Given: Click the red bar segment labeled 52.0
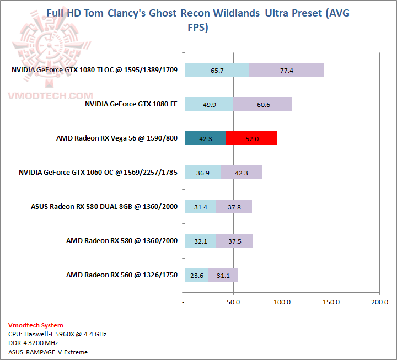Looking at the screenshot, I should click(x=251, y=138).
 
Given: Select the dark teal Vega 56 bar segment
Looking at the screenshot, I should click(x=205, y=138).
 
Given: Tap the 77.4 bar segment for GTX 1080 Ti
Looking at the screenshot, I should click(x=286, y=70).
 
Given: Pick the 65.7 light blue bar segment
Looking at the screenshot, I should click(x=217, y=70).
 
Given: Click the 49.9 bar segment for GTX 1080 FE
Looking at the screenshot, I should click(x=209, y=104).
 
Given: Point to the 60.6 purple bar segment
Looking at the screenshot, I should click(x=262, y=104).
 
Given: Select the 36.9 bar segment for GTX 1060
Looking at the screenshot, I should click(x=202, y=173).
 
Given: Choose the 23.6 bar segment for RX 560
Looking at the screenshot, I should click(x=196, y=275).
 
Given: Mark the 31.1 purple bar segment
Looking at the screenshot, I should click(x=223, y=275).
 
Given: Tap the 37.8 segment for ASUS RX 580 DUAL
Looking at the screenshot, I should click(x=234, y=207).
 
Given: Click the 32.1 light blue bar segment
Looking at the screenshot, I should click(x=200, y=241).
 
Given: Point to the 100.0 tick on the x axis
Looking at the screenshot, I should click(x=282, y=302).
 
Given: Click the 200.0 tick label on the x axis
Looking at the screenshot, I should click(x=379, y=302).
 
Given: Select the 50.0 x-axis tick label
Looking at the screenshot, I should click(x=233, y=302).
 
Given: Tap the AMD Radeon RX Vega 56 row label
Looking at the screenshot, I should click(x=117, y=138).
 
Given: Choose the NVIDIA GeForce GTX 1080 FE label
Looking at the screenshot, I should click(x=131, y=104).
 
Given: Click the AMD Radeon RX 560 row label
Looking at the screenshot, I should click(x=122, y=275).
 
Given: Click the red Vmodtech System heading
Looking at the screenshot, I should click(x=36, y=325).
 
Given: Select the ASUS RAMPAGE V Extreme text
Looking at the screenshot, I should click(x=49, y=352).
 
